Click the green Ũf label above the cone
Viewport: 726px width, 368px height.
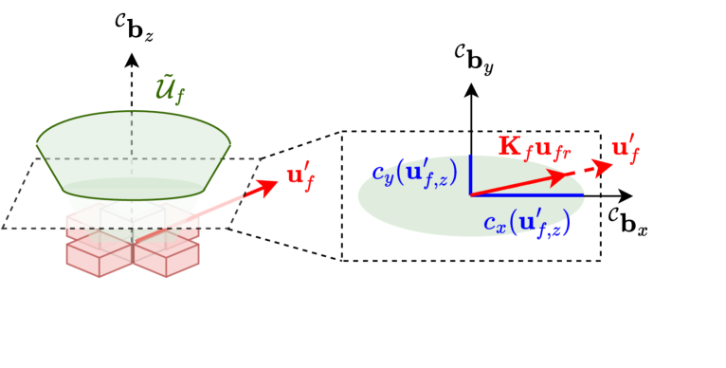coord(171,90)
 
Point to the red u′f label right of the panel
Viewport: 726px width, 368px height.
coord(626,149)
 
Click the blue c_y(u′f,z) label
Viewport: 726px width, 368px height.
coord(414,174)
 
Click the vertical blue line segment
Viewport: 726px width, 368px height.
coord(471,175)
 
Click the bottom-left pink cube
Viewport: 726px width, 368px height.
coord(99,255)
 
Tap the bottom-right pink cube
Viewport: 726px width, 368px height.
coord(166,255)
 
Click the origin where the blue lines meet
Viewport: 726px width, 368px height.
coord(471,194)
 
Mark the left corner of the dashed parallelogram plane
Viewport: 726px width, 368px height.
coord(6,227)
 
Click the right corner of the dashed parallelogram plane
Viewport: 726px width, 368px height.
coord(259,159)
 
